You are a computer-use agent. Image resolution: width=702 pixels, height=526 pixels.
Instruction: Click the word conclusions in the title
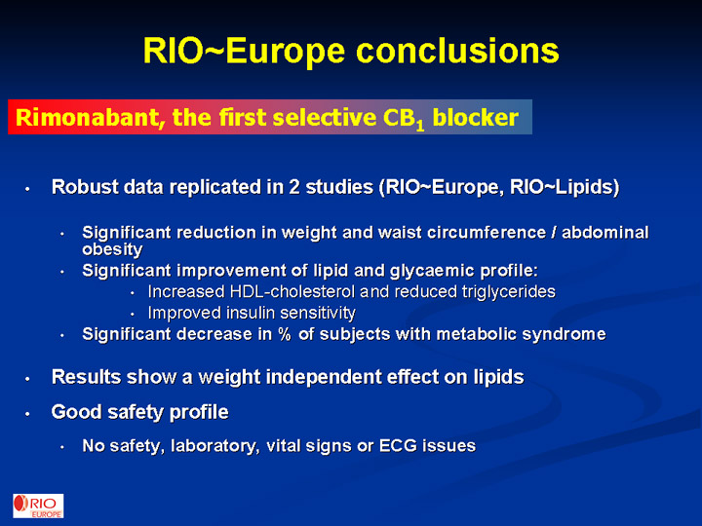457,50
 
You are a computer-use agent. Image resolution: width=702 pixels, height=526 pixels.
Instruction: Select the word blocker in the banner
476,118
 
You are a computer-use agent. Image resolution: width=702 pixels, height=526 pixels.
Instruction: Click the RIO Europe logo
38,506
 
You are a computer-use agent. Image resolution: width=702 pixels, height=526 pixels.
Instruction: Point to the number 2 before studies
294,187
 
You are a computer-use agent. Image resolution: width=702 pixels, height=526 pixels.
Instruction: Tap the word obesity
112,249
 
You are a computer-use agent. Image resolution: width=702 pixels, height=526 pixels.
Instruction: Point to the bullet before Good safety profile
27,414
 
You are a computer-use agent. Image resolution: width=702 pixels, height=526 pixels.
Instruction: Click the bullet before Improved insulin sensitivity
133,315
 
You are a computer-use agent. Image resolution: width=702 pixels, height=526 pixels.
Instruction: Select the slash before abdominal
554,233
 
